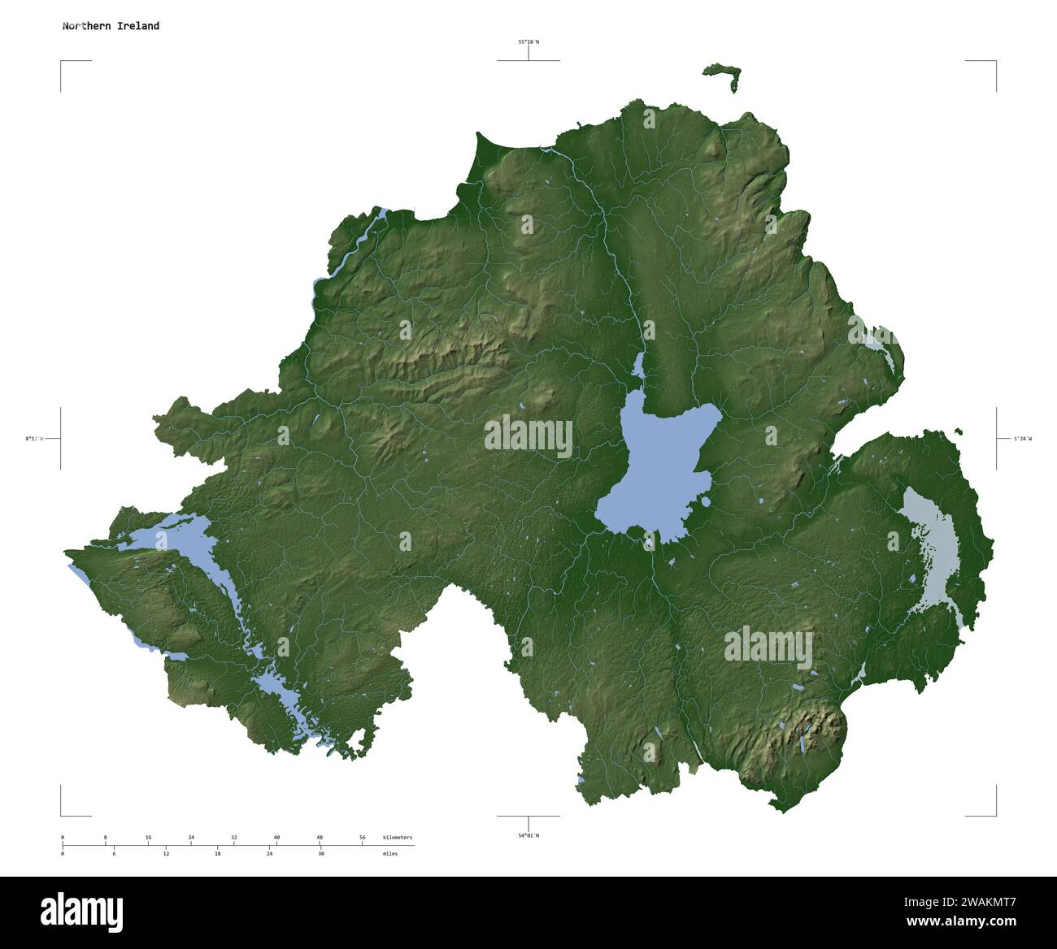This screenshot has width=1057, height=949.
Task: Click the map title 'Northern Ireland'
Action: (111, 26)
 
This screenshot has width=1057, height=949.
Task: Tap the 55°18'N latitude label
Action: (528, 41)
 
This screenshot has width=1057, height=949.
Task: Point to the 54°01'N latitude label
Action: (528, 835)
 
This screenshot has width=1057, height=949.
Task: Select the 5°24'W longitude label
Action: (1022, 439)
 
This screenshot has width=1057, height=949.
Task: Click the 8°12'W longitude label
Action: (34, 439)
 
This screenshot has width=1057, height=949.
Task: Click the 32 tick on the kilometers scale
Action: (234, 838)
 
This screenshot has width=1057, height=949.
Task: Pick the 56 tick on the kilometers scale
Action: (363, 838)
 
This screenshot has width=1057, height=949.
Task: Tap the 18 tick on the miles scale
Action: (217, 854)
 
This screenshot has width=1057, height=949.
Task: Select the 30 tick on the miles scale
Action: (321, 854)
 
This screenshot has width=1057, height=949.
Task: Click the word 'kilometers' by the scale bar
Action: (398, 838)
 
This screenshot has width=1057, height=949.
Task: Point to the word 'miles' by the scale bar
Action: (390, 854)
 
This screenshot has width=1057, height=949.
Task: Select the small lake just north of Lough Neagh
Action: (639, 366)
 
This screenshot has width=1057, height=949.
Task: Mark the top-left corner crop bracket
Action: (62, 63)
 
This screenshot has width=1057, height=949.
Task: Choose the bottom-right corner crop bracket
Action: (994, 813)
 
